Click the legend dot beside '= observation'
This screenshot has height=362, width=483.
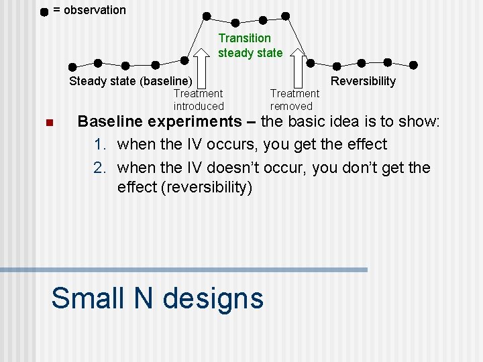44,11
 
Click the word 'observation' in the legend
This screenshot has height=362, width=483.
95,10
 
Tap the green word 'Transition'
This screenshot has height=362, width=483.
245,38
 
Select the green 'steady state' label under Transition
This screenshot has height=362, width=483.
250,53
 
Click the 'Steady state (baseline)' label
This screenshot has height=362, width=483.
131,81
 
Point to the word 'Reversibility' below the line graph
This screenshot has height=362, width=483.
363,81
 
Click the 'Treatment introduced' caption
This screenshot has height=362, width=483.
199,100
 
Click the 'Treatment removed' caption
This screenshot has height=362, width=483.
294,100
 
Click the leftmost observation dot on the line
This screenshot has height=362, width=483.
72,66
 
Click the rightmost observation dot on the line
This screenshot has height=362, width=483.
413,65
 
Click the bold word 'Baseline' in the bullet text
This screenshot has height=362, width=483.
110,121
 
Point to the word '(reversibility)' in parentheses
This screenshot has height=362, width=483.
207,187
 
